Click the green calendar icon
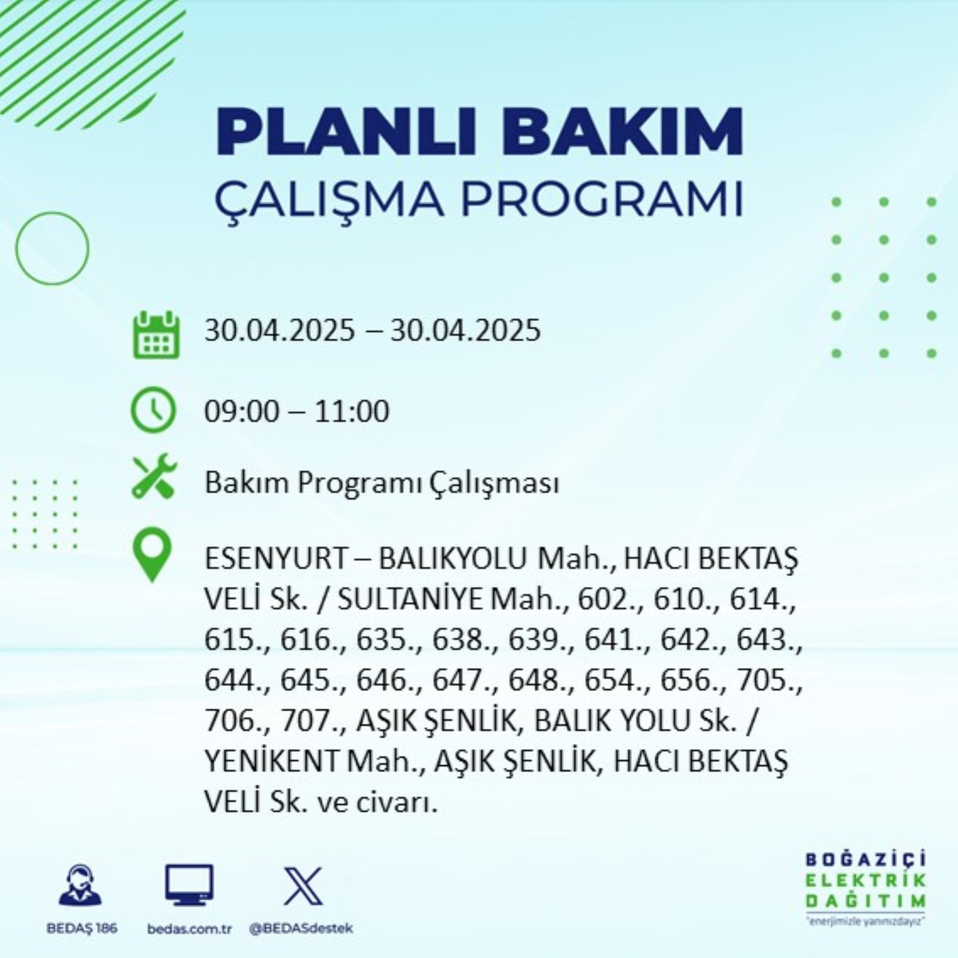tap(156, 335)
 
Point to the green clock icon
tap(153, 410)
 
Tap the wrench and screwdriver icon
tap(154, 476)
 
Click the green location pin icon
tap(152, 556)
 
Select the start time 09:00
tap(241, 411)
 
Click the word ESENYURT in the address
tap(276, 559)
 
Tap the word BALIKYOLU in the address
tap(453, 559)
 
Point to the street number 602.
tap(602, 600)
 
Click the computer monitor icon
tap(189, 885)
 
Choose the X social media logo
tap(303, 886)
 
